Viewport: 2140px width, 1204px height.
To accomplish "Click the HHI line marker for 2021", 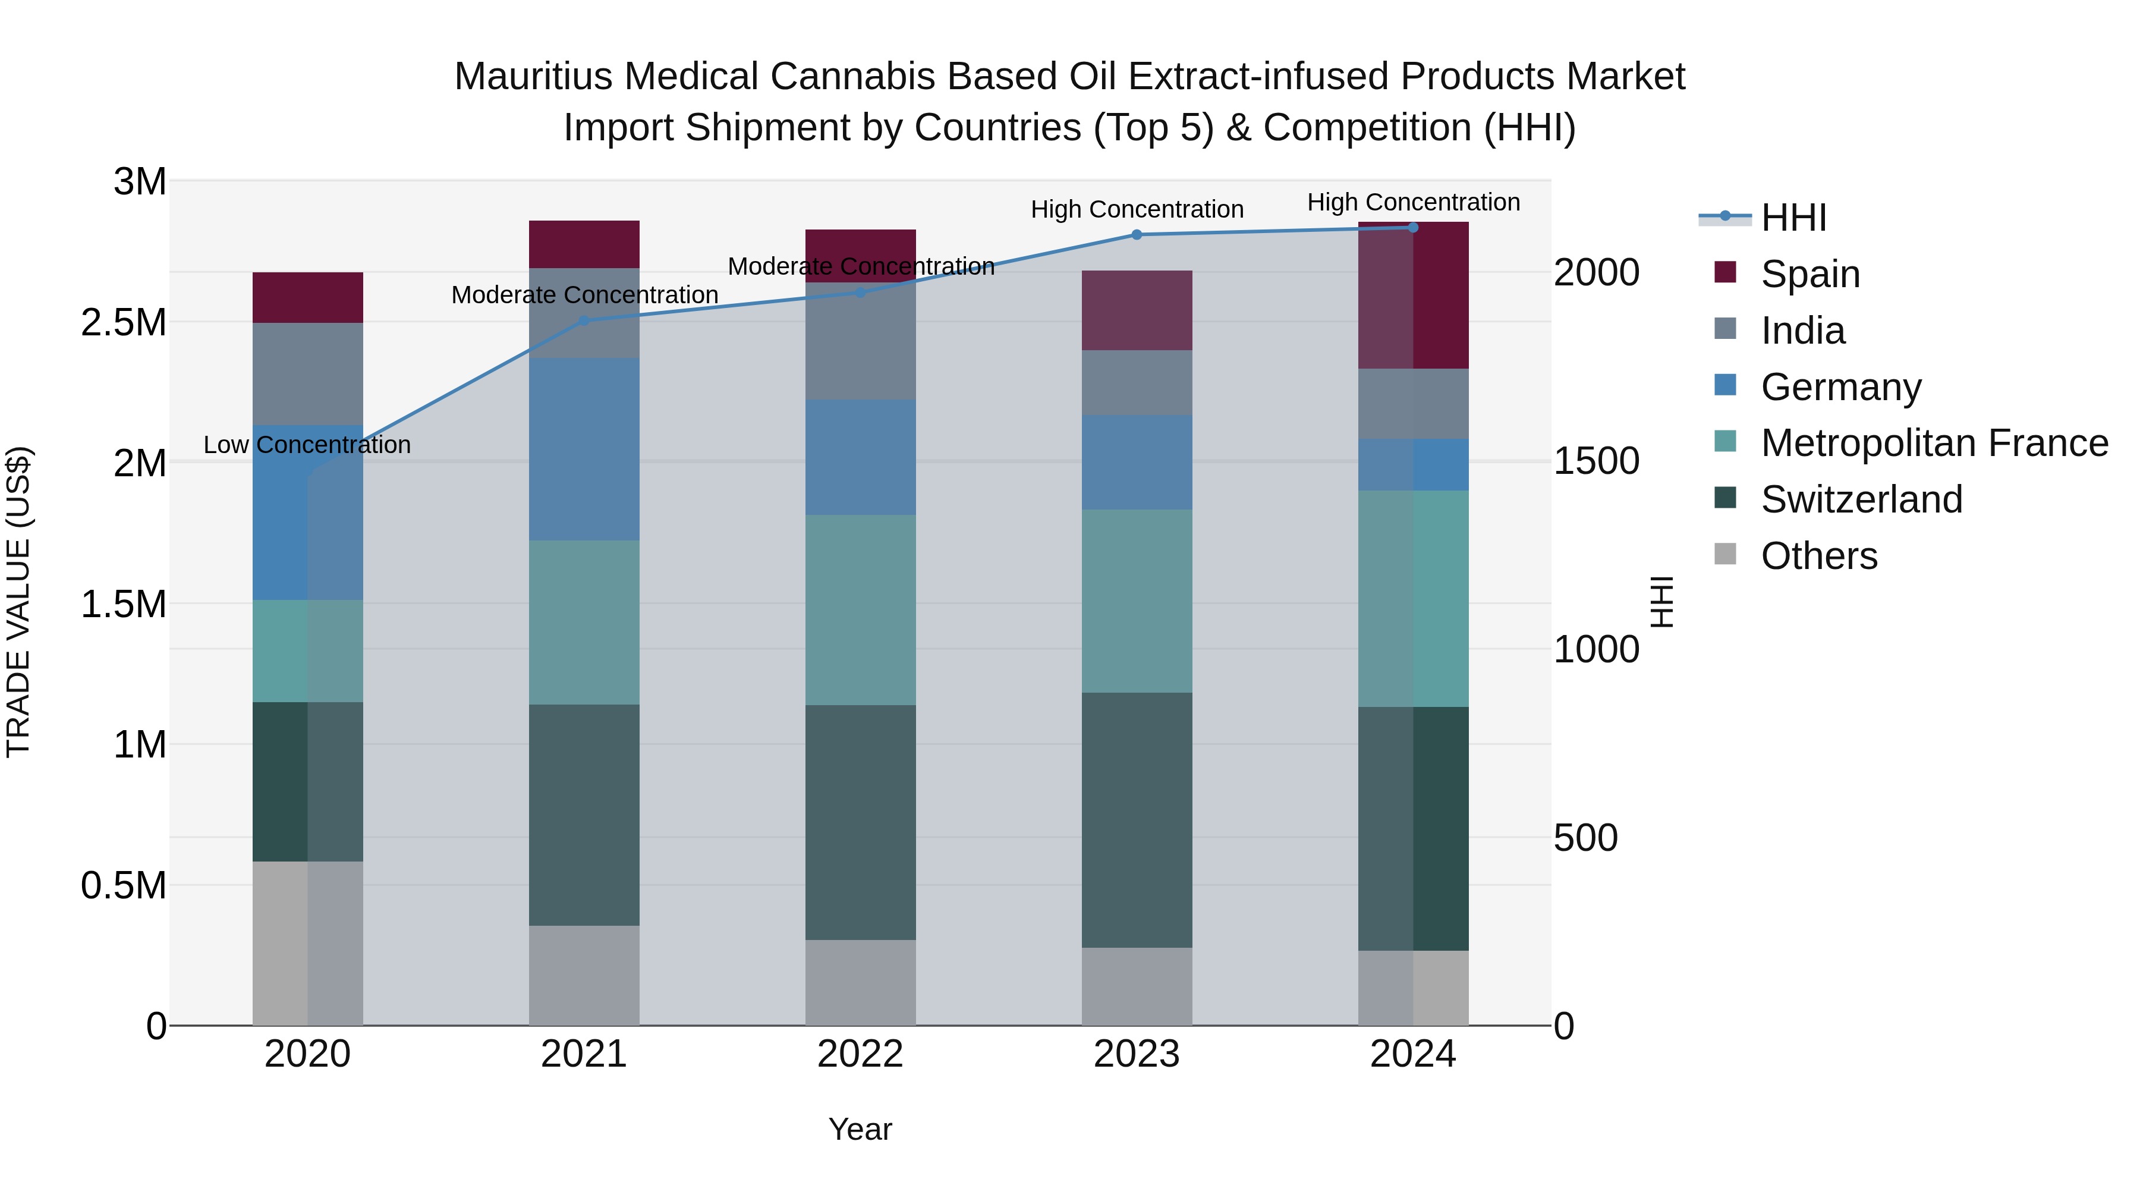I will point(584,320).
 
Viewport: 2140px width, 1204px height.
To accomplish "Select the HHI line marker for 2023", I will point(1137,235).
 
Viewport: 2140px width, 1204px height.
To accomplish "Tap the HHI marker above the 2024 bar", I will point(1413,228).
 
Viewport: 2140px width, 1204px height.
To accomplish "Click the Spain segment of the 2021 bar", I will point(584,244).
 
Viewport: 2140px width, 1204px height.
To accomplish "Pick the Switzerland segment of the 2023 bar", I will point(1137,820).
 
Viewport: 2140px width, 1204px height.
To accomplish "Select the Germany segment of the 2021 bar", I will point(584,449).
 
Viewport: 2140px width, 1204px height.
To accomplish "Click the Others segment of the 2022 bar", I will point(861,982).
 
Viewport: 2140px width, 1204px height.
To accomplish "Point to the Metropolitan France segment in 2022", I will point(861,610).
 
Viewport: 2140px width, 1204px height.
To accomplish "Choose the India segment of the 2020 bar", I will point(307,374).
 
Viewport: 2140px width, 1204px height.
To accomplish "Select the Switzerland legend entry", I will point(1861,500).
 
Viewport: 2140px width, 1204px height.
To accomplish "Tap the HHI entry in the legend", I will point(1793,218).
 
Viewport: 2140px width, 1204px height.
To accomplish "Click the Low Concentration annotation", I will point(307,445).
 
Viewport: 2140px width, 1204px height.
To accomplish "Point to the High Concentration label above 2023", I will point(1137,209).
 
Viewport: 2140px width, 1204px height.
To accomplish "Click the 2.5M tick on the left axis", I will point(124,322).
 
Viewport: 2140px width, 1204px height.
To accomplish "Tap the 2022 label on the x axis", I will point(861,1054).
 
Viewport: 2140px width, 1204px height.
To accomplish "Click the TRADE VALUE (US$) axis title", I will point(19,602).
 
